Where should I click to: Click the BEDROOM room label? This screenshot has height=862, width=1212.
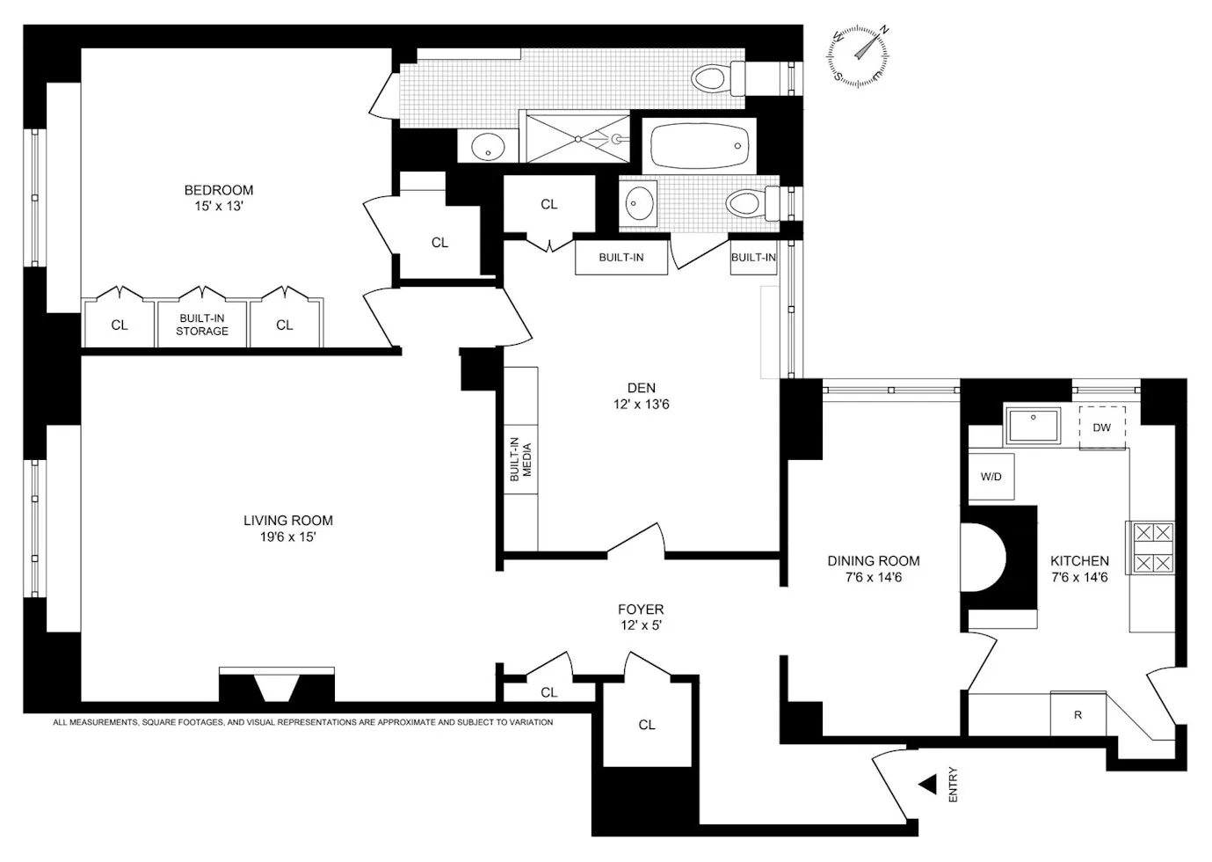[x=219, y=190]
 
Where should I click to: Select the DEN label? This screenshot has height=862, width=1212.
[x=642, y=388]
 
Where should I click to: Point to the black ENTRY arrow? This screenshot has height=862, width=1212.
[x=927, y=785]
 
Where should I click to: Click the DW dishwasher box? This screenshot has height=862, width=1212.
[x=1102, y=427]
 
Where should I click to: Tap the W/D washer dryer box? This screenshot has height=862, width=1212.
[x=991, y=477]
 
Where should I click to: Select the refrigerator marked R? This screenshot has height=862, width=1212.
[x=1078, y=714]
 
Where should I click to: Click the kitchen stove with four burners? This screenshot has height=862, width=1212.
[x=1152, y=547]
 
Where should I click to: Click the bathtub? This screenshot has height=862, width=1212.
[x=700, y=145]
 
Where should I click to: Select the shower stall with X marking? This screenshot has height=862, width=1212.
[x=577, y=137]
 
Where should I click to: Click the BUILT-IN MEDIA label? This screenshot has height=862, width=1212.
[x=520, y=459]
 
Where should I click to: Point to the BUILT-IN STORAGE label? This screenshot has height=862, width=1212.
[x=202, y=325]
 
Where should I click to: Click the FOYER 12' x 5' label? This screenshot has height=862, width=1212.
[x=641, y=617]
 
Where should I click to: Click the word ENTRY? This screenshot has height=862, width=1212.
[x=954, y=785]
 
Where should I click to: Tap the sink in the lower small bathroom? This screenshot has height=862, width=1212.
[x=640, y=204]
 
